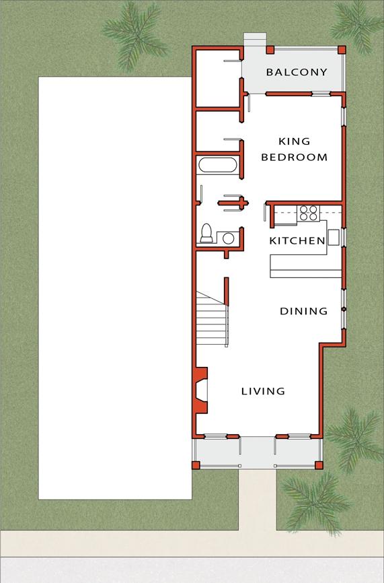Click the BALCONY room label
coord(297,72)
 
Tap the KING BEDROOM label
coord(294,149)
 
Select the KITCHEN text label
coord(297,240)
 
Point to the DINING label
coord(303,311)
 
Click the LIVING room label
coord(263,391)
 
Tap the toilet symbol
coord(206,233)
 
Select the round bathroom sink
coord(229,238)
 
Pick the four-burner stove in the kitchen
coord(308,213)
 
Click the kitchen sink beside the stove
coord(334,237)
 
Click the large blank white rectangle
coord(114,287)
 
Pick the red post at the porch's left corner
coord(196,465)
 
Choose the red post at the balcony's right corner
coord(342,50)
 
